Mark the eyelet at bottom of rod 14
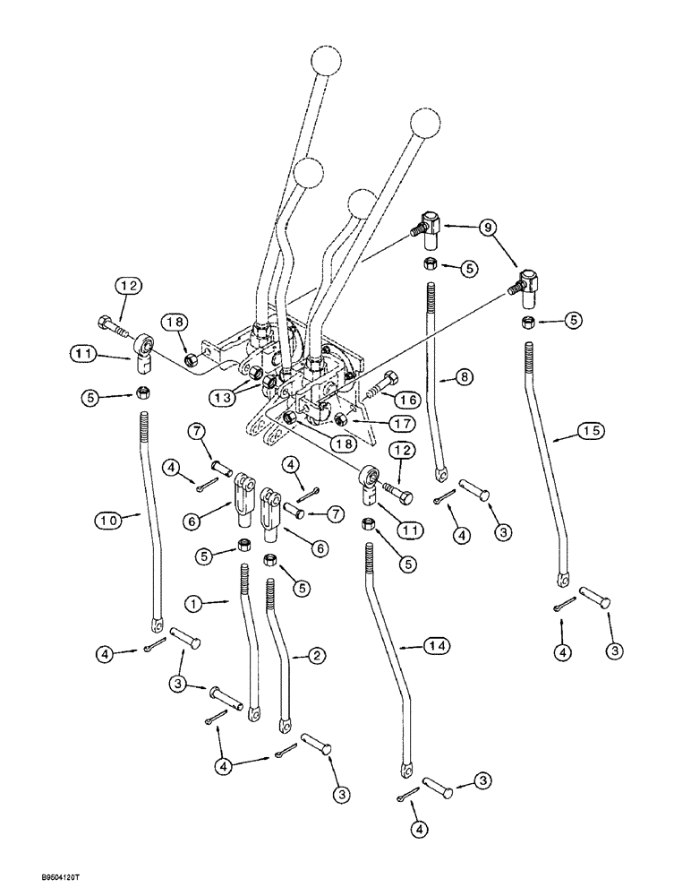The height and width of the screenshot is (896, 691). coord(406,767)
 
